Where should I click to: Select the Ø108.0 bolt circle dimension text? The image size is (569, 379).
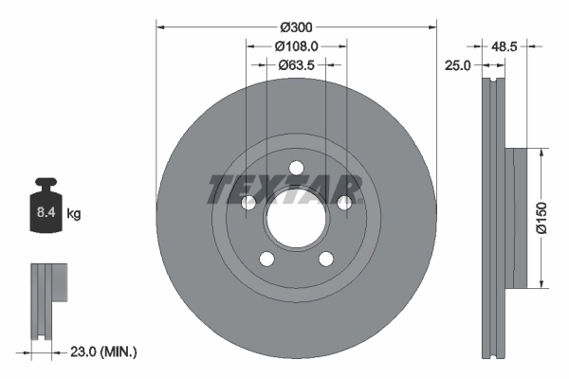point(296,45)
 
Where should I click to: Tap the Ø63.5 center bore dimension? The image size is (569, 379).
point(296,65)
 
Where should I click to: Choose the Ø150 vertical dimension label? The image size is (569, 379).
point(540,216)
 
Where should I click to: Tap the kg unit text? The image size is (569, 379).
point(74,214)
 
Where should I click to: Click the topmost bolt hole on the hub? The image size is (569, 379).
point(296,169)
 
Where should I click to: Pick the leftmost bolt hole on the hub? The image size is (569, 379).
point(248,203)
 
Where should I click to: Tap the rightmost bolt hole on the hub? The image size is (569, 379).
point(345,203)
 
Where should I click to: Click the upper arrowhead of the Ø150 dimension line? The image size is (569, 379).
point(541,153)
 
